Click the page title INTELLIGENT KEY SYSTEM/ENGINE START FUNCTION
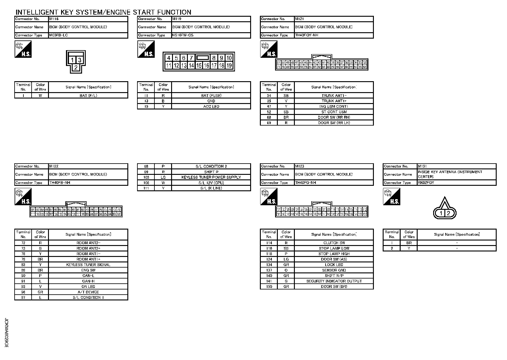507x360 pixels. pyautogui.click(x=103, y=12)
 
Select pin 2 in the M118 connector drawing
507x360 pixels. pyautogui.click(x=76, y=67)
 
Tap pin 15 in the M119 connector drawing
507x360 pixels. pyautogui.click(x=199, y=65)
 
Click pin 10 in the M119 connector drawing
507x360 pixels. pyautogui.click(x=229, y=58)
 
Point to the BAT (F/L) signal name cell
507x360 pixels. pyautogui.click(x=88, y=95)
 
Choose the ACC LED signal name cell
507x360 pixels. pyautogui.click(x=211, y=106)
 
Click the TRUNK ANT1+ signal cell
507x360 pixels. pyautogui.click(x=334, y=101)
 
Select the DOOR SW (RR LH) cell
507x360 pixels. pyautogui.click(x=334, y=123)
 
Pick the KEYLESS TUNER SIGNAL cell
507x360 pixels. pyautogui.click(x=88, y=265)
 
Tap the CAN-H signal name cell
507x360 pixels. pyautogui.click(x=88, y=281)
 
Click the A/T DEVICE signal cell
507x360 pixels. pyautogui.click(x=88, y=292)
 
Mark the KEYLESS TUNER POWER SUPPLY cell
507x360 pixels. pyautogui.click(x=211, y=177)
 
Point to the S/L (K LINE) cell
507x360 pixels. pyautogui.click(x=211, y=188)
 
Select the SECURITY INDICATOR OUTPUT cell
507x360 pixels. pyautogui.click(x=334, y=281)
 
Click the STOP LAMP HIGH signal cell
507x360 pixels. pyautogui.click(x=334, y=254)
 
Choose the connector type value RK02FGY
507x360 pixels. pyautogui.click(x=426, y=183)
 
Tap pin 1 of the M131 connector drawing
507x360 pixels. pyautogui.click(x=441, y=213)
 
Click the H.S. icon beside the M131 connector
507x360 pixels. pyautogui.click(x=391, y=196)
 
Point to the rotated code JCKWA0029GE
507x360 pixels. pyautogui.click(x=7, y=333)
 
